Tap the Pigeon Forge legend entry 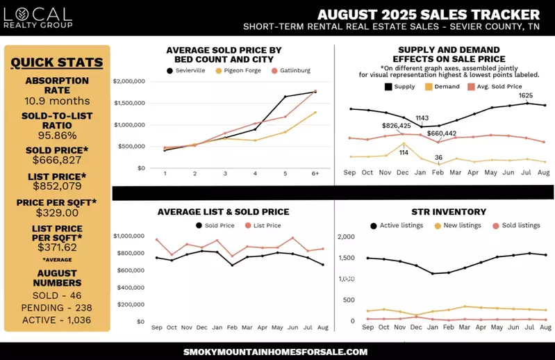[x=240, y=71]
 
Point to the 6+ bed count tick [x=315, y=173]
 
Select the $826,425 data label [x=397, y=126]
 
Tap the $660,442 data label [x=442, y=133]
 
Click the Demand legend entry [x=445, y=87]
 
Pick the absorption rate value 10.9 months [x=57, y=101]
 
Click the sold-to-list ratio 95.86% [x=57, y=135]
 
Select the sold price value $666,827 [x=57, y=161]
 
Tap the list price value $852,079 [x=57, y=186]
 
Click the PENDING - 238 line [x=57, y=307]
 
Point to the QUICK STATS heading [x=57, y=63]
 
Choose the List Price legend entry [x=263, y=225]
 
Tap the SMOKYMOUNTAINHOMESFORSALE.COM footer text [x=276, y=352]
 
